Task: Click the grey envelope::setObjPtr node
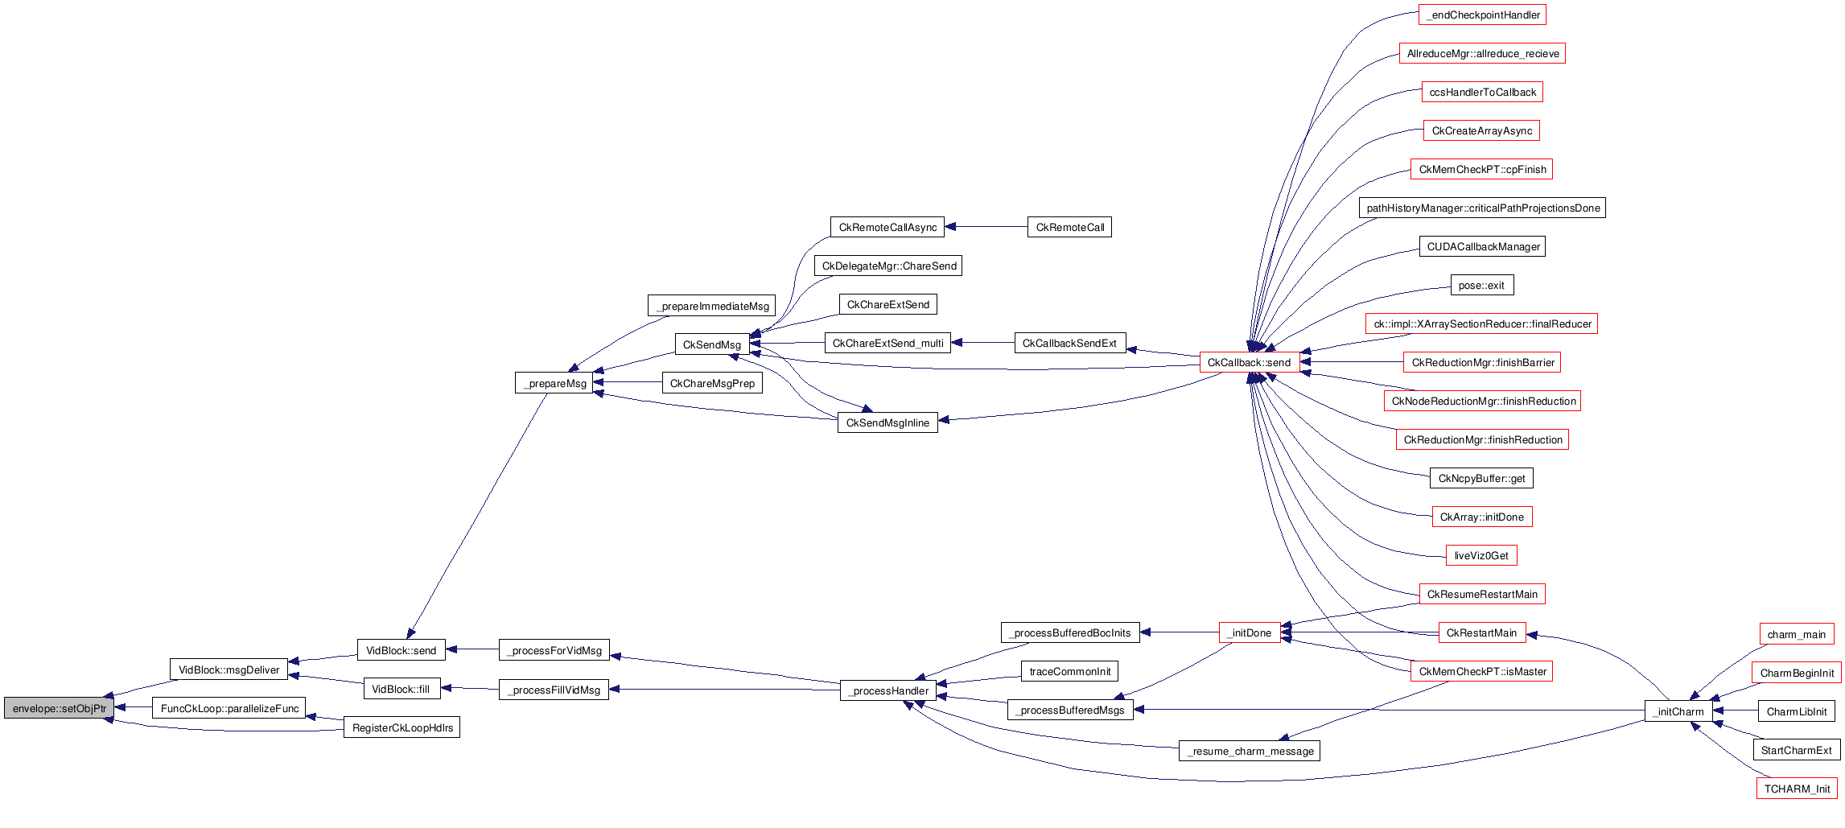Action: (59, 708)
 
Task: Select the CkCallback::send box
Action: (1249, 362)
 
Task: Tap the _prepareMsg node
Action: (554, 383)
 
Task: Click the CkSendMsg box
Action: (711, 344)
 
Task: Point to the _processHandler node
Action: (887, 690)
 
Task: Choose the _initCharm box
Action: (1678, 711)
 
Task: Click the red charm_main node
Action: (1796, 634)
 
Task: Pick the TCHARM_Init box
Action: (1797, 789)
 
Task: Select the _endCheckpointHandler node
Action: (1482, 14)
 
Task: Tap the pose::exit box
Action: (1481, 285)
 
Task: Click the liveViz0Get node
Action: (1481, 555)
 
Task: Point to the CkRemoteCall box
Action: (1069, 227)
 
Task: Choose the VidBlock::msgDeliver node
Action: (229, 669)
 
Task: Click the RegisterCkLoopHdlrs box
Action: (402, 727)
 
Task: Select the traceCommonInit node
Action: (1069, 671)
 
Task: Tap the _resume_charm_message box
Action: (1249, 751)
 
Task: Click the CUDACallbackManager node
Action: (1482, 246)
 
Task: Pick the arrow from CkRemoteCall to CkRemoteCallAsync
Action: (986, 227)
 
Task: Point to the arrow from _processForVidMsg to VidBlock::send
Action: (472, 649)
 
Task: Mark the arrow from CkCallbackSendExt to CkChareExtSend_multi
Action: (982, 343)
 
